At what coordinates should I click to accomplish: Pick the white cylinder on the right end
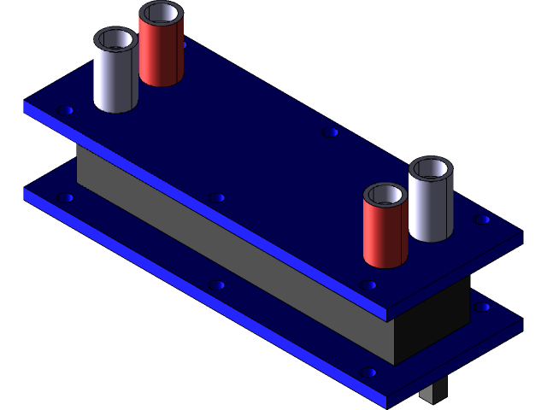coord(430,209)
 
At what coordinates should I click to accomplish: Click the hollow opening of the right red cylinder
coord(385,196)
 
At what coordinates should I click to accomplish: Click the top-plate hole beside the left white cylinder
coord(66,110)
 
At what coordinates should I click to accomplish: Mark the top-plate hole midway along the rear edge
coord(331,132)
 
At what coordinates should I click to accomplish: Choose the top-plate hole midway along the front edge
coord(217,197)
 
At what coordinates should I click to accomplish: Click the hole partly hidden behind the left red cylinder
coord(183,44)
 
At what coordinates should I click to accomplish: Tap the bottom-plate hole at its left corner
coord(66,197)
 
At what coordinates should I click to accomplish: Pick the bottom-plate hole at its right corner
coord(483,306)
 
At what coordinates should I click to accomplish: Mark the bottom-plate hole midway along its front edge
coord(217,284)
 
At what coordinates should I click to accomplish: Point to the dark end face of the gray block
coord(432,320)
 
